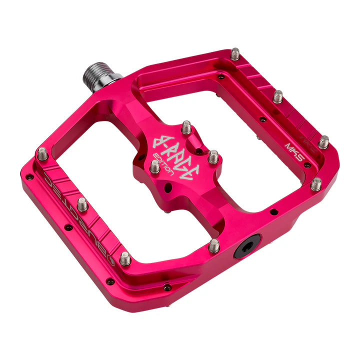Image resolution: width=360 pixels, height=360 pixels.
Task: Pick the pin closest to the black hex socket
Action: point(214,245)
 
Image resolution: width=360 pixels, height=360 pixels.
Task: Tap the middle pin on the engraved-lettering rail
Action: point(82,204)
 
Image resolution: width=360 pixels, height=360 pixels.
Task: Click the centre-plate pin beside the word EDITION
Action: point(155,166)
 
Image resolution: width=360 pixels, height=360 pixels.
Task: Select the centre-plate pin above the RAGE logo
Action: point(186,127)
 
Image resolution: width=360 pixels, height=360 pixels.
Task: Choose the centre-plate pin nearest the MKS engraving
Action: point(213,156)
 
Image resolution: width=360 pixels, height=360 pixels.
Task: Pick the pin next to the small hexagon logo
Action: point(125,258)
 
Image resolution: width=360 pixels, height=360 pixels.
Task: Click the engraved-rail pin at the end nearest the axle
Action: point(42,153)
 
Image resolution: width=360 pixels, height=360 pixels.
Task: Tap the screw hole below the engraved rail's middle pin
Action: point(68,227)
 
